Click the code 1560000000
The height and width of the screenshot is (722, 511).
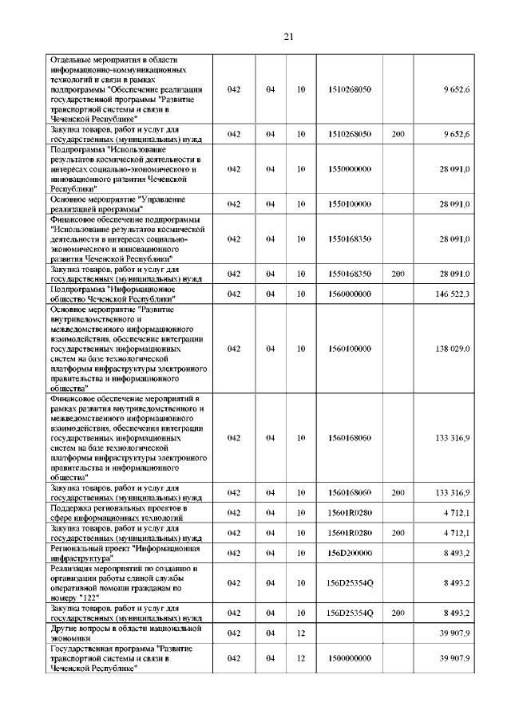(x=350, y=294)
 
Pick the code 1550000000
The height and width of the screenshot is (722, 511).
(x=350, y=169)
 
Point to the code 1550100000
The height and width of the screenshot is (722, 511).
(x=350, y=204)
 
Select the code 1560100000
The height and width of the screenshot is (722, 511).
(x=350, y=349)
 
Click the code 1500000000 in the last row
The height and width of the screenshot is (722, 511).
(x=350, y=658)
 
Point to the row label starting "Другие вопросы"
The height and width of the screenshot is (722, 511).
(x=121, y=633)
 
